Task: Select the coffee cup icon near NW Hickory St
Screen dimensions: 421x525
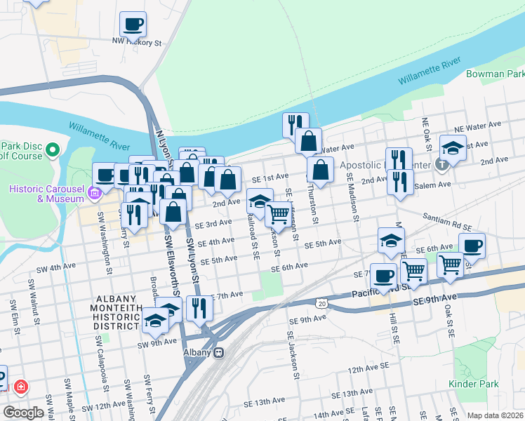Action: [133, 25]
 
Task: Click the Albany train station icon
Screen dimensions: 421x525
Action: [219, 353]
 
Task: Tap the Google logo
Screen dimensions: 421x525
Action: [24, 412]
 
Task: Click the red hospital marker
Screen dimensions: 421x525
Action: [21, 387]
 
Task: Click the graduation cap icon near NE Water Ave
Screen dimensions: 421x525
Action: [453, 148]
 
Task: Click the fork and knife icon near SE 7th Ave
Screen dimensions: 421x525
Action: [199, 307]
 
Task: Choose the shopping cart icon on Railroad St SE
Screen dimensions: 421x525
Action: [279, 215]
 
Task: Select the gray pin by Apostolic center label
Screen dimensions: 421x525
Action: [441, 166]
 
